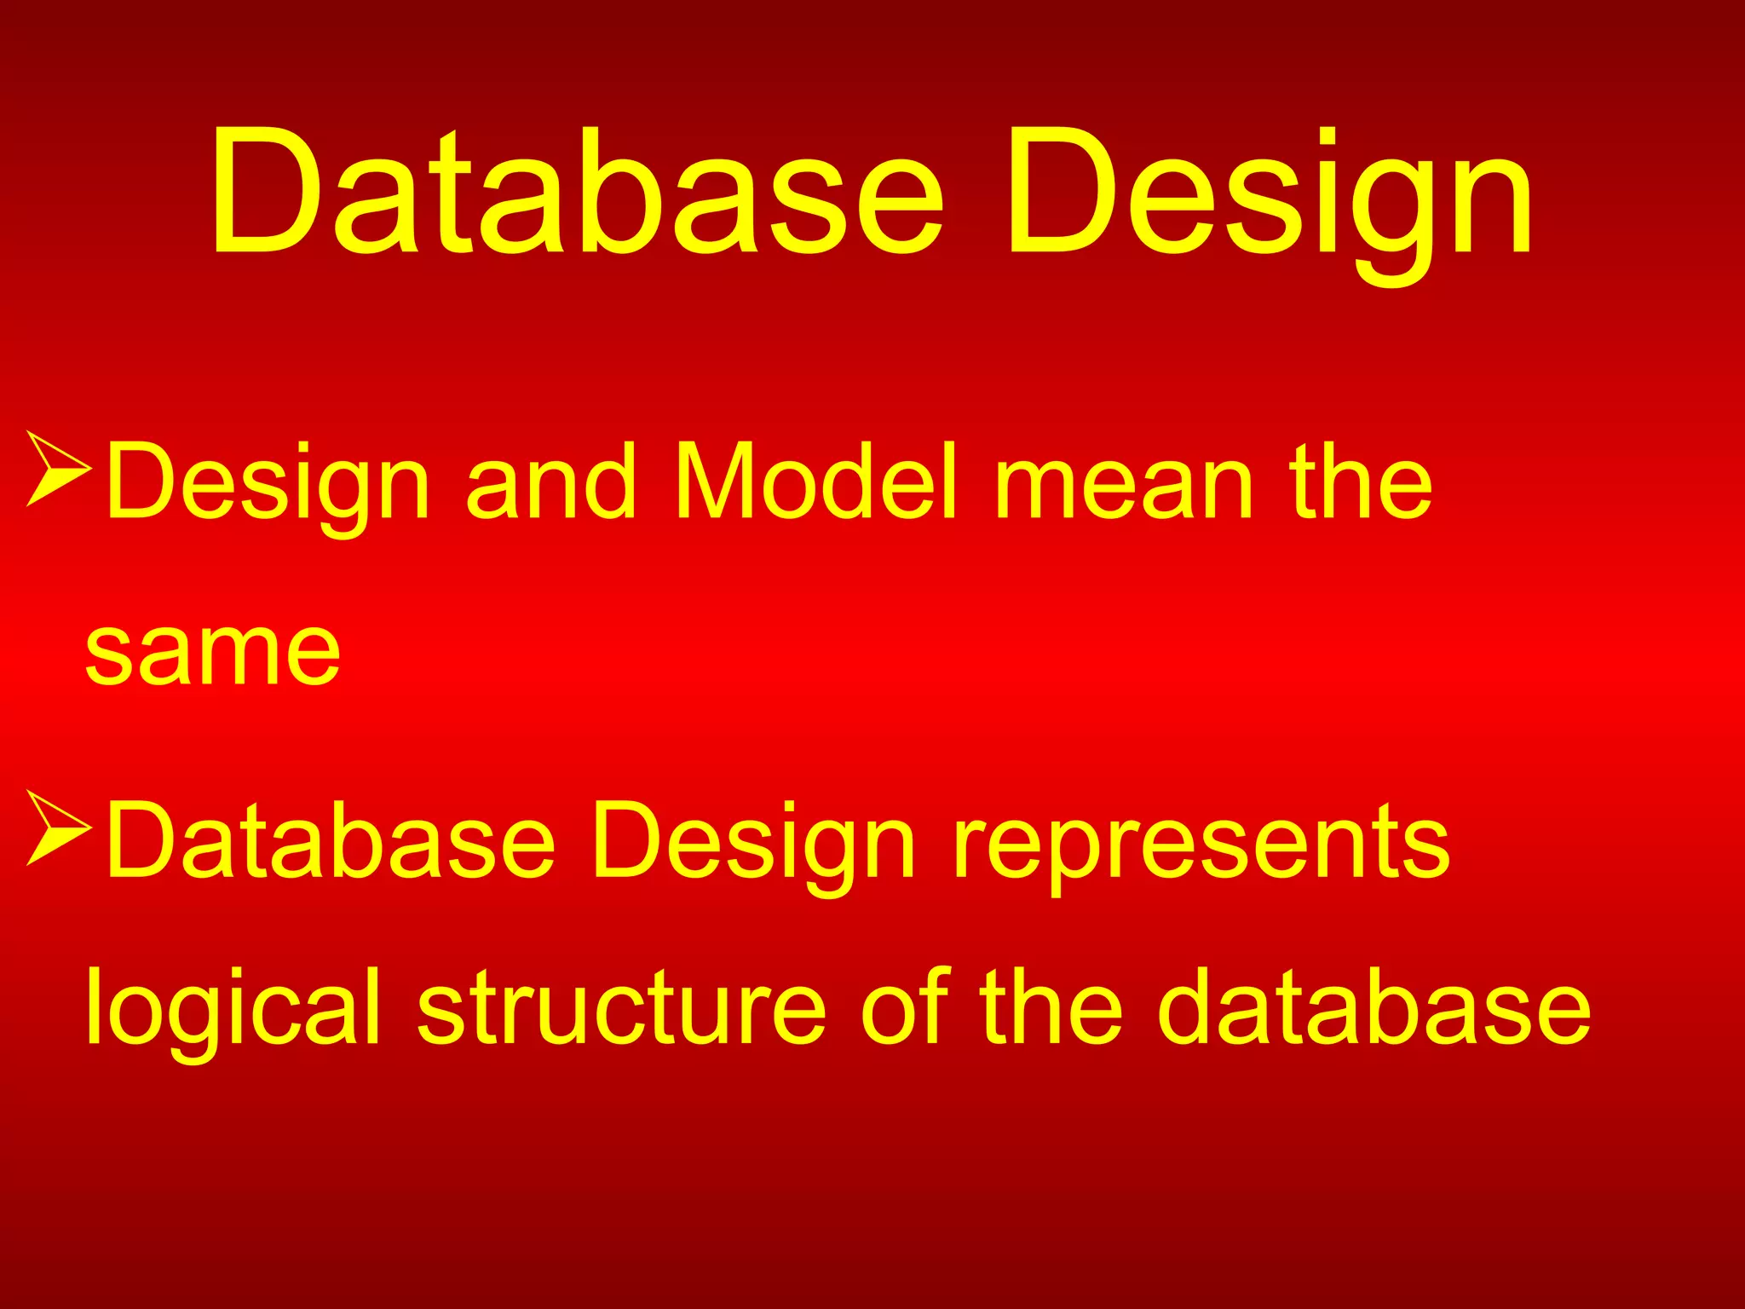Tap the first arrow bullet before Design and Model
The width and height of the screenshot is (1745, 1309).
coord(58,468)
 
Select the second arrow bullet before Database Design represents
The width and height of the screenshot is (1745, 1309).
coord(58,827)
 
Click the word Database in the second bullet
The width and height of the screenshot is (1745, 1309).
coord(331,841)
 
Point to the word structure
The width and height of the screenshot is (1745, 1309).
coord(621,1008)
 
